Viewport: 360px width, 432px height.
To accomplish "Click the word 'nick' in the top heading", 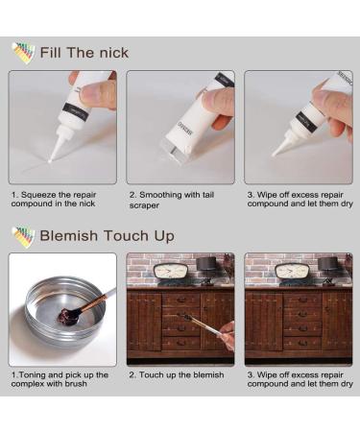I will (110, 52).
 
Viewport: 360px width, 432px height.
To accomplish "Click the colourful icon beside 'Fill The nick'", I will (22, 52).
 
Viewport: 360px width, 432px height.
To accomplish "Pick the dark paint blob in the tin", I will (68, 314).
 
